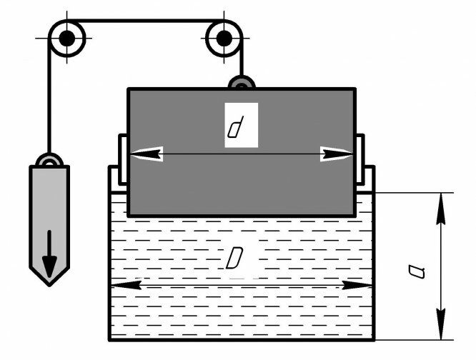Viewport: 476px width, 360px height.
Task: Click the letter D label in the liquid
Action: pos(234,259)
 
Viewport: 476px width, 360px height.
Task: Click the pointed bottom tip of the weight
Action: pos(48,284)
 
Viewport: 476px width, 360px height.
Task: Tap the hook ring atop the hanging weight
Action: pos(48,161)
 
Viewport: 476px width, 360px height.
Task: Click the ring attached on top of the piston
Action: pos(241,84)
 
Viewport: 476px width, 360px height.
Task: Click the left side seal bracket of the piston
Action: pos(122,161)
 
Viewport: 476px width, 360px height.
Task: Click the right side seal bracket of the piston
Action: pos(360,161)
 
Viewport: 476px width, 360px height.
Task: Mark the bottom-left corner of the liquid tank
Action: pos(109,339)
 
